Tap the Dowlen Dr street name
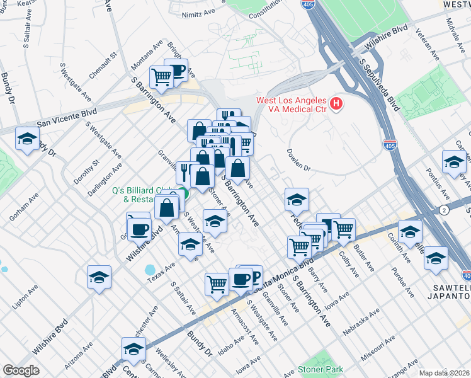[x=299, y=161]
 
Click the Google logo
[x=21, y=370]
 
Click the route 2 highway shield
[x=445, y=210]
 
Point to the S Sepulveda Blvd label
[x=379, y=83]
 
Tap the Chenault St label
[x=103, y=66]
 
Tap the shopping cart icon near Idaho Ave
[x=217, y=284]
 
